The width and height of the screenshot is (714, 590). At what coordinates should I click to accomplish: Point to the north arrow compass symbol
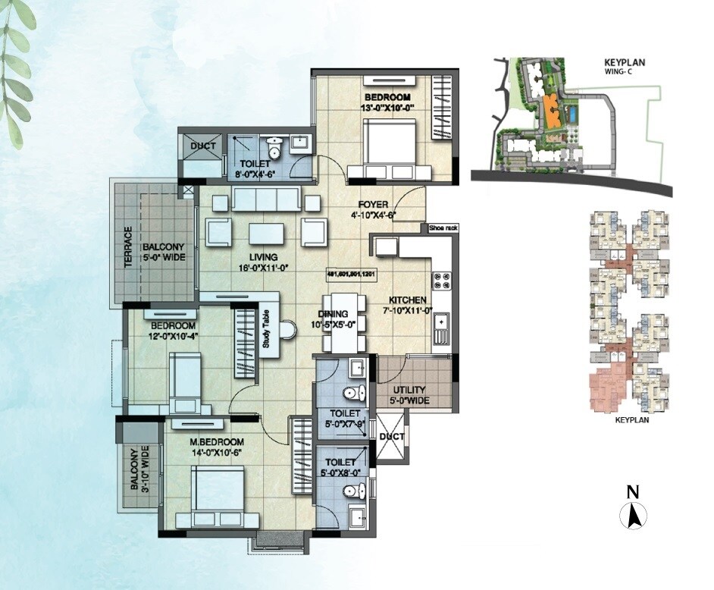[x=633, y=516]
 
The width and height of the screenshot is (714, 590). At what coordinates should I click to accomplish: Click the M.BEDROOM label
[x=217, y=442]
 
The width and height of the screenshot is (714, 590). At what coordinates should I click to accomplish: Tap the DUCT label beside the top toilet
[x=203, y=146]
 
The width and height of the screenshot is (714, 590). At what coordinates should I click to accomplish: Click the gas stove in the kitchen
[x=441, y=281]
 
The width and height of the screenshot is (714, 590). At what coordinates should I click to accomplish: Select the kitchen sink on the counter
[x=441, y=326]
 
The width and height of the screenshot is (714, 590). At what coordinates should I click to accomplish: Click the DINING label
[x=333, y=314]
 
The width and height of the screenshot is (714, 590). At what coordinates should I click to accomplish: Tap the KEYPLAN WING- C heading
[x=629, y=67]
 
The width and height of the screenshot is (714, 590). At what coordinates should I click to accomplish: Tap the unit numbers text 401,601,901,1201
[x=352, y=274]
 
